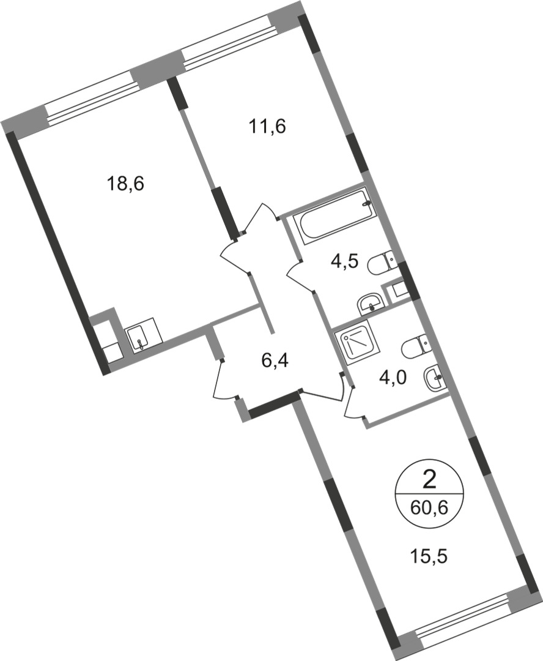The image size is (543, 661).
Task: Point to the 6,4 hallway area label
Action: tap(275, 360)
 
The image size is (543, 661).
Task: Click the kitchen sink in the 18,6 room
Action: tap(142, 336)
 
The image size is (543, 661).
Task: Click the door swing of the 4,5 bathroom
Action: tap(298, 275)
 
